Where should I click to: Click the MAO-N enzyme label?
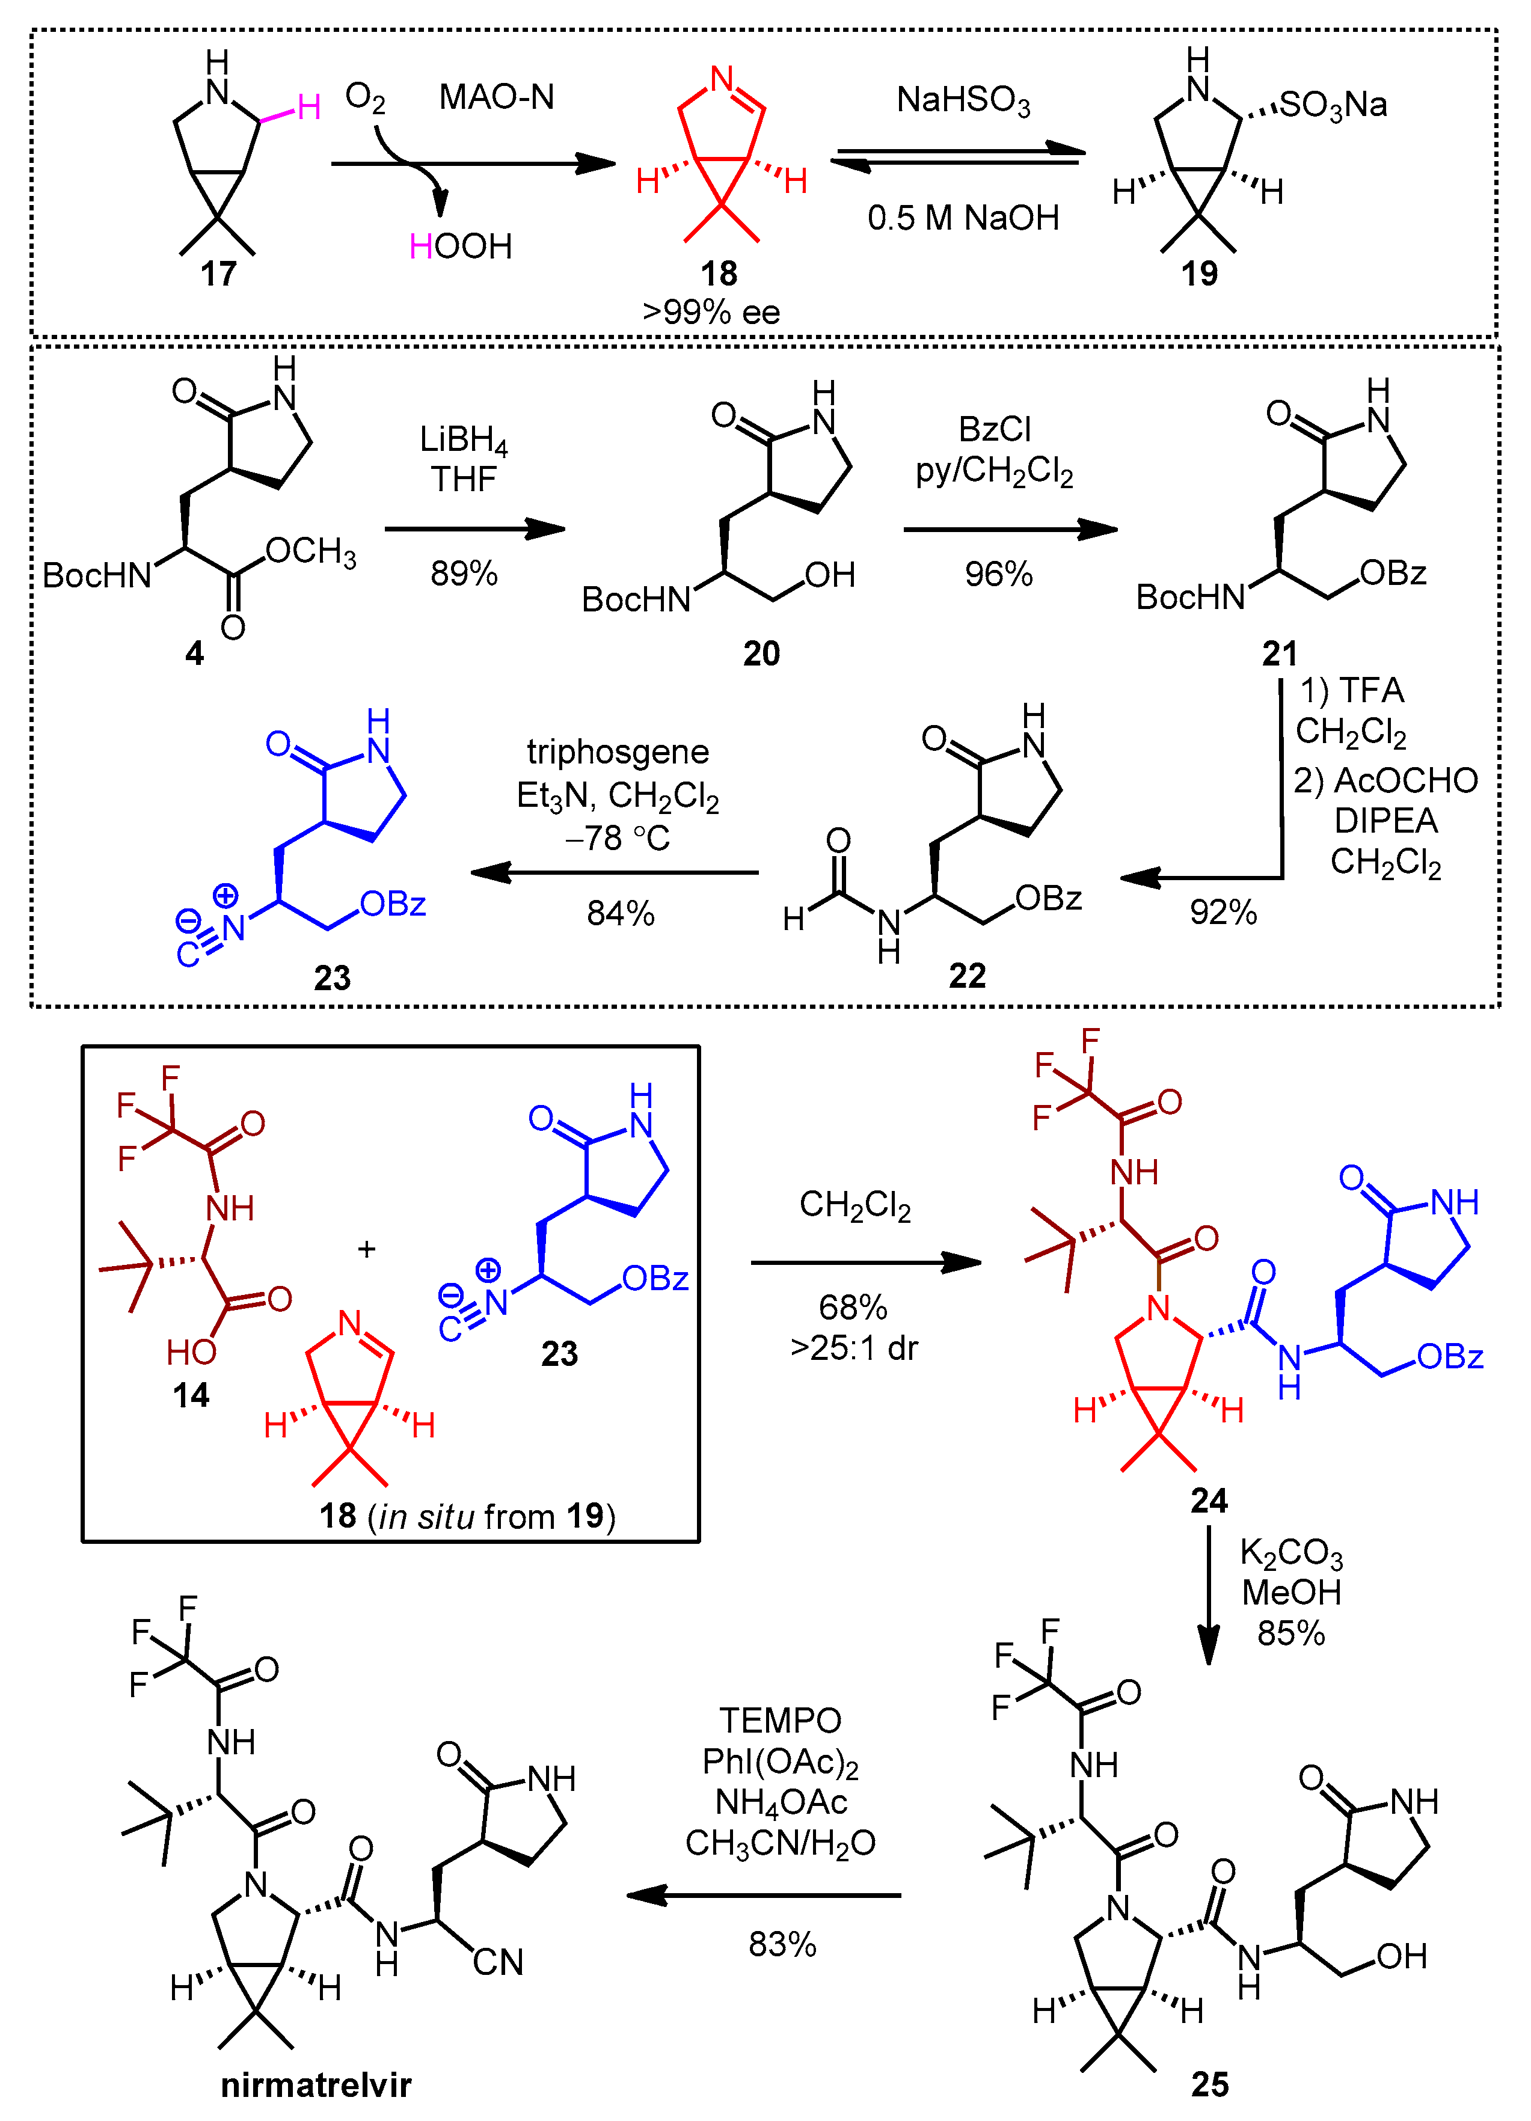497,97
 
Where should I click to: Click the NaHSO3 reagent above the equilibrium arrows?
963,100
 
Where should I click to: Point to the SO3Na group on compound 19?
1333,105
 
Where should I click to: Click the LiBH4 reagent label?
463,439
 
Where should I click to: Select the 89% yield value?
464,574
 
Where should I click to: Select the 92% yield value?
1223,912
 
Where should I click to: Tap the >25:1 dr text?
854,1348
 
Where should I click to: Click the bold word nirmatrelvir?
316,2084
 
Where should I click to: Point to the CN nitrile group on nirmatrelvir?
497,1962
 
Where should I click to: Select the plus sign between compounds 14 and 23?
367,1249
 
